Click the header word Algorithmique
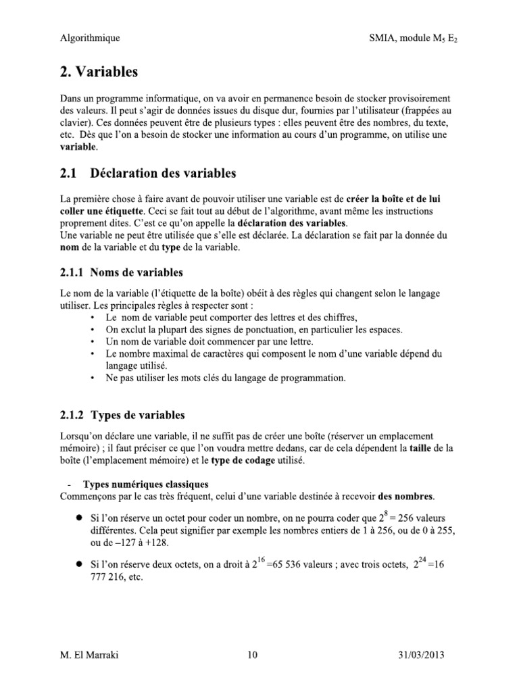pos(90,38)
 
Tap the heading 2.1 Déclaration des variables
pos(148,174)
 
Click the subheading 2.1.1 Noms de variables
pos(122,273)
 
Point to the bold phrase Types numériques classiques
pos(145,485)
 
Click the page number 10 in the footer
pos(254,656)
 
